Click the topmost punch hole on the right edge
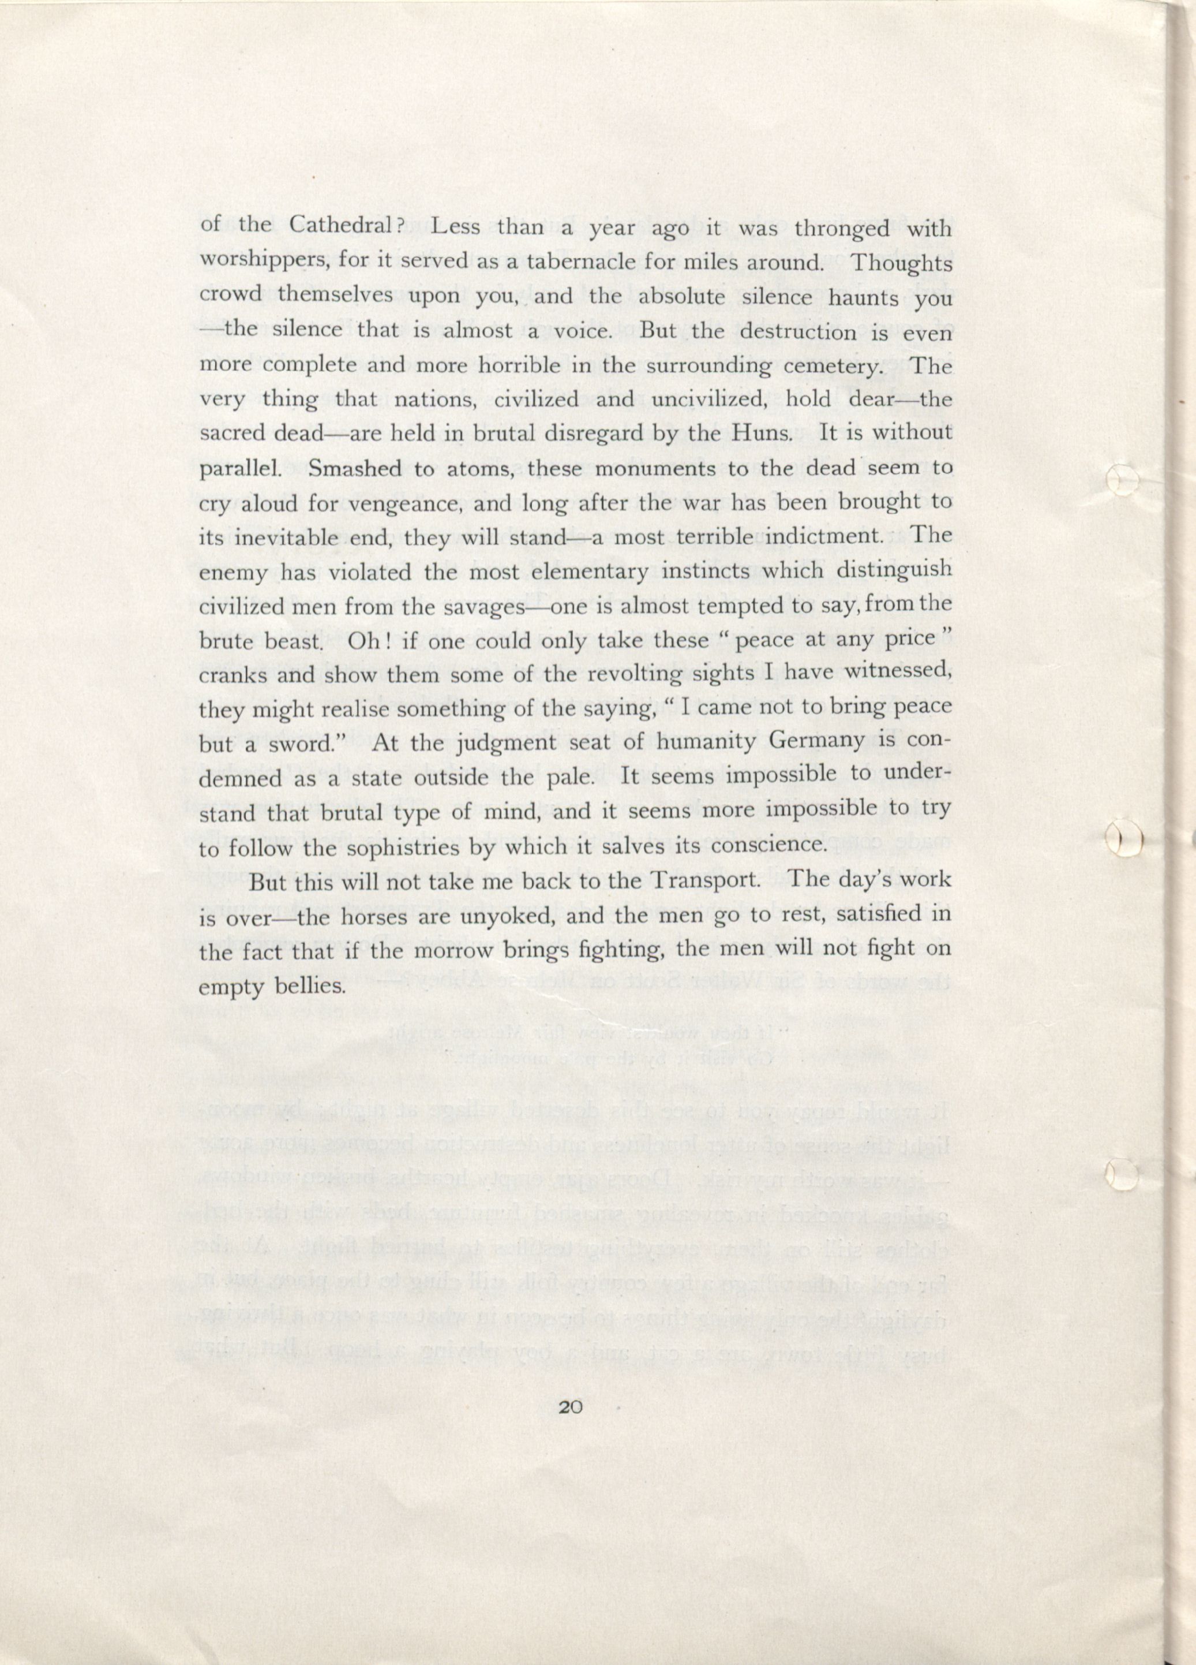point(1120,481)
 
